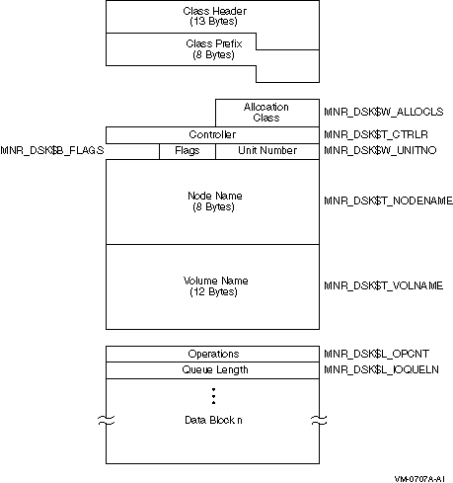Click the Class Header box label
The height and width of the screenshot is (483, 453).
[214, 16]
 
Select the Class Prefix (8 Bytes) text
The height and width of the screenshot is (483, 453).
[214, 49]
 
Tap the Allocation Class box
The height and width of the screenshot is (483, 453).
[267, 113]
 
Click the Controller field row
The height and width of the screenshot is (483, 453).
[212, 135]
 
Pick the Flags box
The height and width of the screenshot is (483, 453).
[188, 151]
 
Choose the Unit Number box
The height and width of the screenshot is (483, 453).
[267, 151]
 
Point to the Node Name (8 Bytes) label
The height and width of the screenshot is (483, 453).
[215, 201]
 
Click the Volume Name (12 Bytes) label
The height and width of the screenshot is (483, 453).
[215, 286]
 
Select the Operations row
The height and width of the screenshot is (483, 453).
[212, 354]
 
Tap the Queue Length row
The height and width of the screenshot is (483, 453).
[212, 370]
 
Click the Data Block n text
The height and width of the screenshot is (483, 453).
[213, 420]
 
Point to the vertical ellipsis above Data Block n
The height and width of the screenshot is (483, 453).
[213, 396]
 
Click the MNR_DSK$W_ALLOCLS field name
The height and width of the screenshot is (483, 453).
[384, 112]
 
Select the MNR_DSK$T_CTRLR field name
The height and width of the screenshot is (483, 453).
[376, 134]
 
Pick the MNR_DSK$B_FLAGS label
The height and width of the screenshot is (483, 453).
[52, 150]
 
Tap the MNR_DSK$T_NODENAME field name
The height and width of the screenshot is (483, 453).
[388, 201]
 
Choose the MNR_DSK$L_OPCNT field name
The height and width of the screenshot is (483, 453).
[376, 354]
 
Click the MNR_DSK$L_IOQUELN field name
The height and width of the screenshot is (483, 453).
[381, 369]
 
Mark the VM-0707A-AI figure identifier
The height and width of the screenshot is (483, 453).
[419, 479]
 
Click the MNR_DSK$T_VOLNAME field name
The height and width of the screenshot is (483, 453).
[384, 285]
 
